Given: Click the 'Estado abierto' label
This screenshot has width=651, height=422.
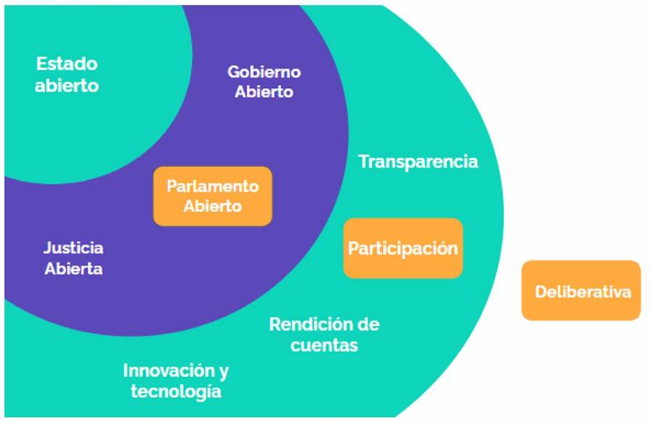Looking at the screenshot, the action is (x=68, y=74).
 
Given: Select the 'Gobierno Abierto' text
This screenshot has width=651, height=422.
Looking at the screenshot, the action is (x=264, y=82).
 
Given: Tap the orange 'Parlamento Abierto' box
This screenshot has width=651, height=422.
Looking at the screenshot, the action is (x=213, y=196).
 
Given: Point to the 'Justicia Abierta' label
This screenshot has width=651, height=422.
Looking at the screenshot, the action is (x=73, y=258).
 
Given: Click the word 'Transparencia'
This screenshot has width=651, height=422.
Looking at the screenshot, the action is (x=418, y=161).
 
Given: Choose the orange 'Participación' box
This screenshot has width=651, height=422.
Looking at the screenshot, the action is (x=403, y=248).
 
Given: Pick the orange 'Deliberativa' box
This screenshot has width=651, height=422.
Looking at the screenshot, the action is (x=581, y=291).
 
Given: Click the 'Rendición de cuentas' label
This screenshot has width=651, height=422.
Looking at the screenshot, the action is (x=324, y=334).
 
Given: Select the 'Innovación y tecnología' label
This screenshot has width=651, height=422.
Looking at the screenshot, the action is (x=176, y=381).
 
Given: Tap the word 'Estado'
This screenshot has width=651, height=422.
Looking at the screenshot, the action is (x=68, y=63).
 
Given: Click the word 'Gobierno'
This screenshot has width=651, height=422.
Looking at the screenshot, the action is (x=264, y=72).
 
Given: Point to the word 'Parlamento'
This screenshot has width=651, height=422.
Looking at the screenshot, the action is (x=213, y=186).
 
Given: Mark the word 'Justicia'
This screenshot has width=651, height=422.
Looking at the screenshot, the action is (x=73, y=248).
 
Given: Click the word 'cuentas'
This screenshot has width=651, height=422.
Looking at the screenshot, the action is (x=324, y=345).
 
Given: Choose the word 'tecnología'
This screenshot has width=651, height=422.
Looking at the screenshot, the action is (x=176, y=391).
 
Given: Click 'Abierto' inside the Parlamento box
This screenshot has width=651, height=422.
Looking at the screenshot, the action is (x=212, y=206).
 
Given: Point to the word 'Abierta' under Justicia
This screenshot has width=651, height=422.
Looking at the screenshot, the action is (x=73, y=269).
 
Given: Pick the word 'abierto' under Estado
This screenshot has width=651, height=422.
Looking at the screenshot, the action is (x=68, y=85).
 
